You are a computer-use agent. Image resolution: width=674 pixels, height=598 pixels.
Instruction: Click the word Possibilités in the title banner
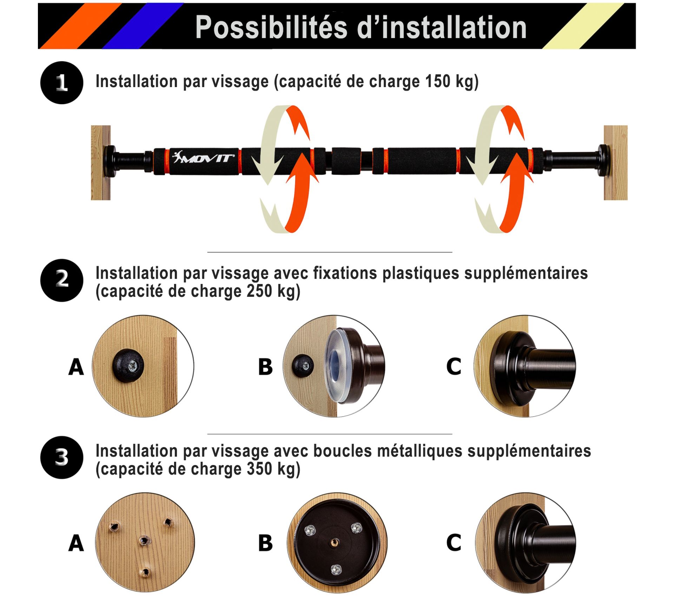tap(271, 27)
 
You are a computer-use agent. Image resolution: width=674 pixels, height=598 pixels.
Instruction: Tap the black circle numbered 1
tap(62, 83)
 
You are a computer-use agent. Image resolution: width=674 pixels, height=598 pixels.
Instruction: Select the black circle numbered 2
tap(62, 280)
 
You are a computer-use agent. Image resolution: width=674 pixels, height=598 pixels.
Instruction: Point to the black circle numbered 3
tap(62, 458)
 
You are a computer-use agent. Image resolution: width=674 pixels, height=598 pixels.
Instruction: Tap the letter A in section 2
tap(76, 367)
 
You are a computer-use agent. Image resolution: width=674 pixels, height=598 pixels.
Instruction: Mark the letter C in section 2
tap(454, 366)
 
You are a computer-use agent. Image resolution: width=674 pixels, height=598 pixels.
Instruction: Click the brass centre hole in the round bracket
tap(333, 544)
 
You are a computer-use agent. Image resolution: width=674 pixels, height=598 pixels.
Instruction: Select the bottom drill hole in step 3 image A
tap(144, 573)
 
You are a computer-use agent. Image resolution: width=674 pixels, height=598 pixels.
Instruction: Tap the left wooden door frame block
tap(101, 163)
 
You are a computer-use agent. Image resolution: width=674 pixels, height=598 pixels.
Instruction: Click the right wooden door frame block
tap(616, 163)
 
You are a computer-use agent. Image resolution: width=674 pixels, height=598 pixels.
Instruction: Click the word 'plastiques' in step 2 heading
tap(421, 273)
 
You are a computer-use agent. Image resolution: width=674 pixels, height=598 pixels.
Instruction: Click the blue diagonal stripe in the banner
tap(143, 26)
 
